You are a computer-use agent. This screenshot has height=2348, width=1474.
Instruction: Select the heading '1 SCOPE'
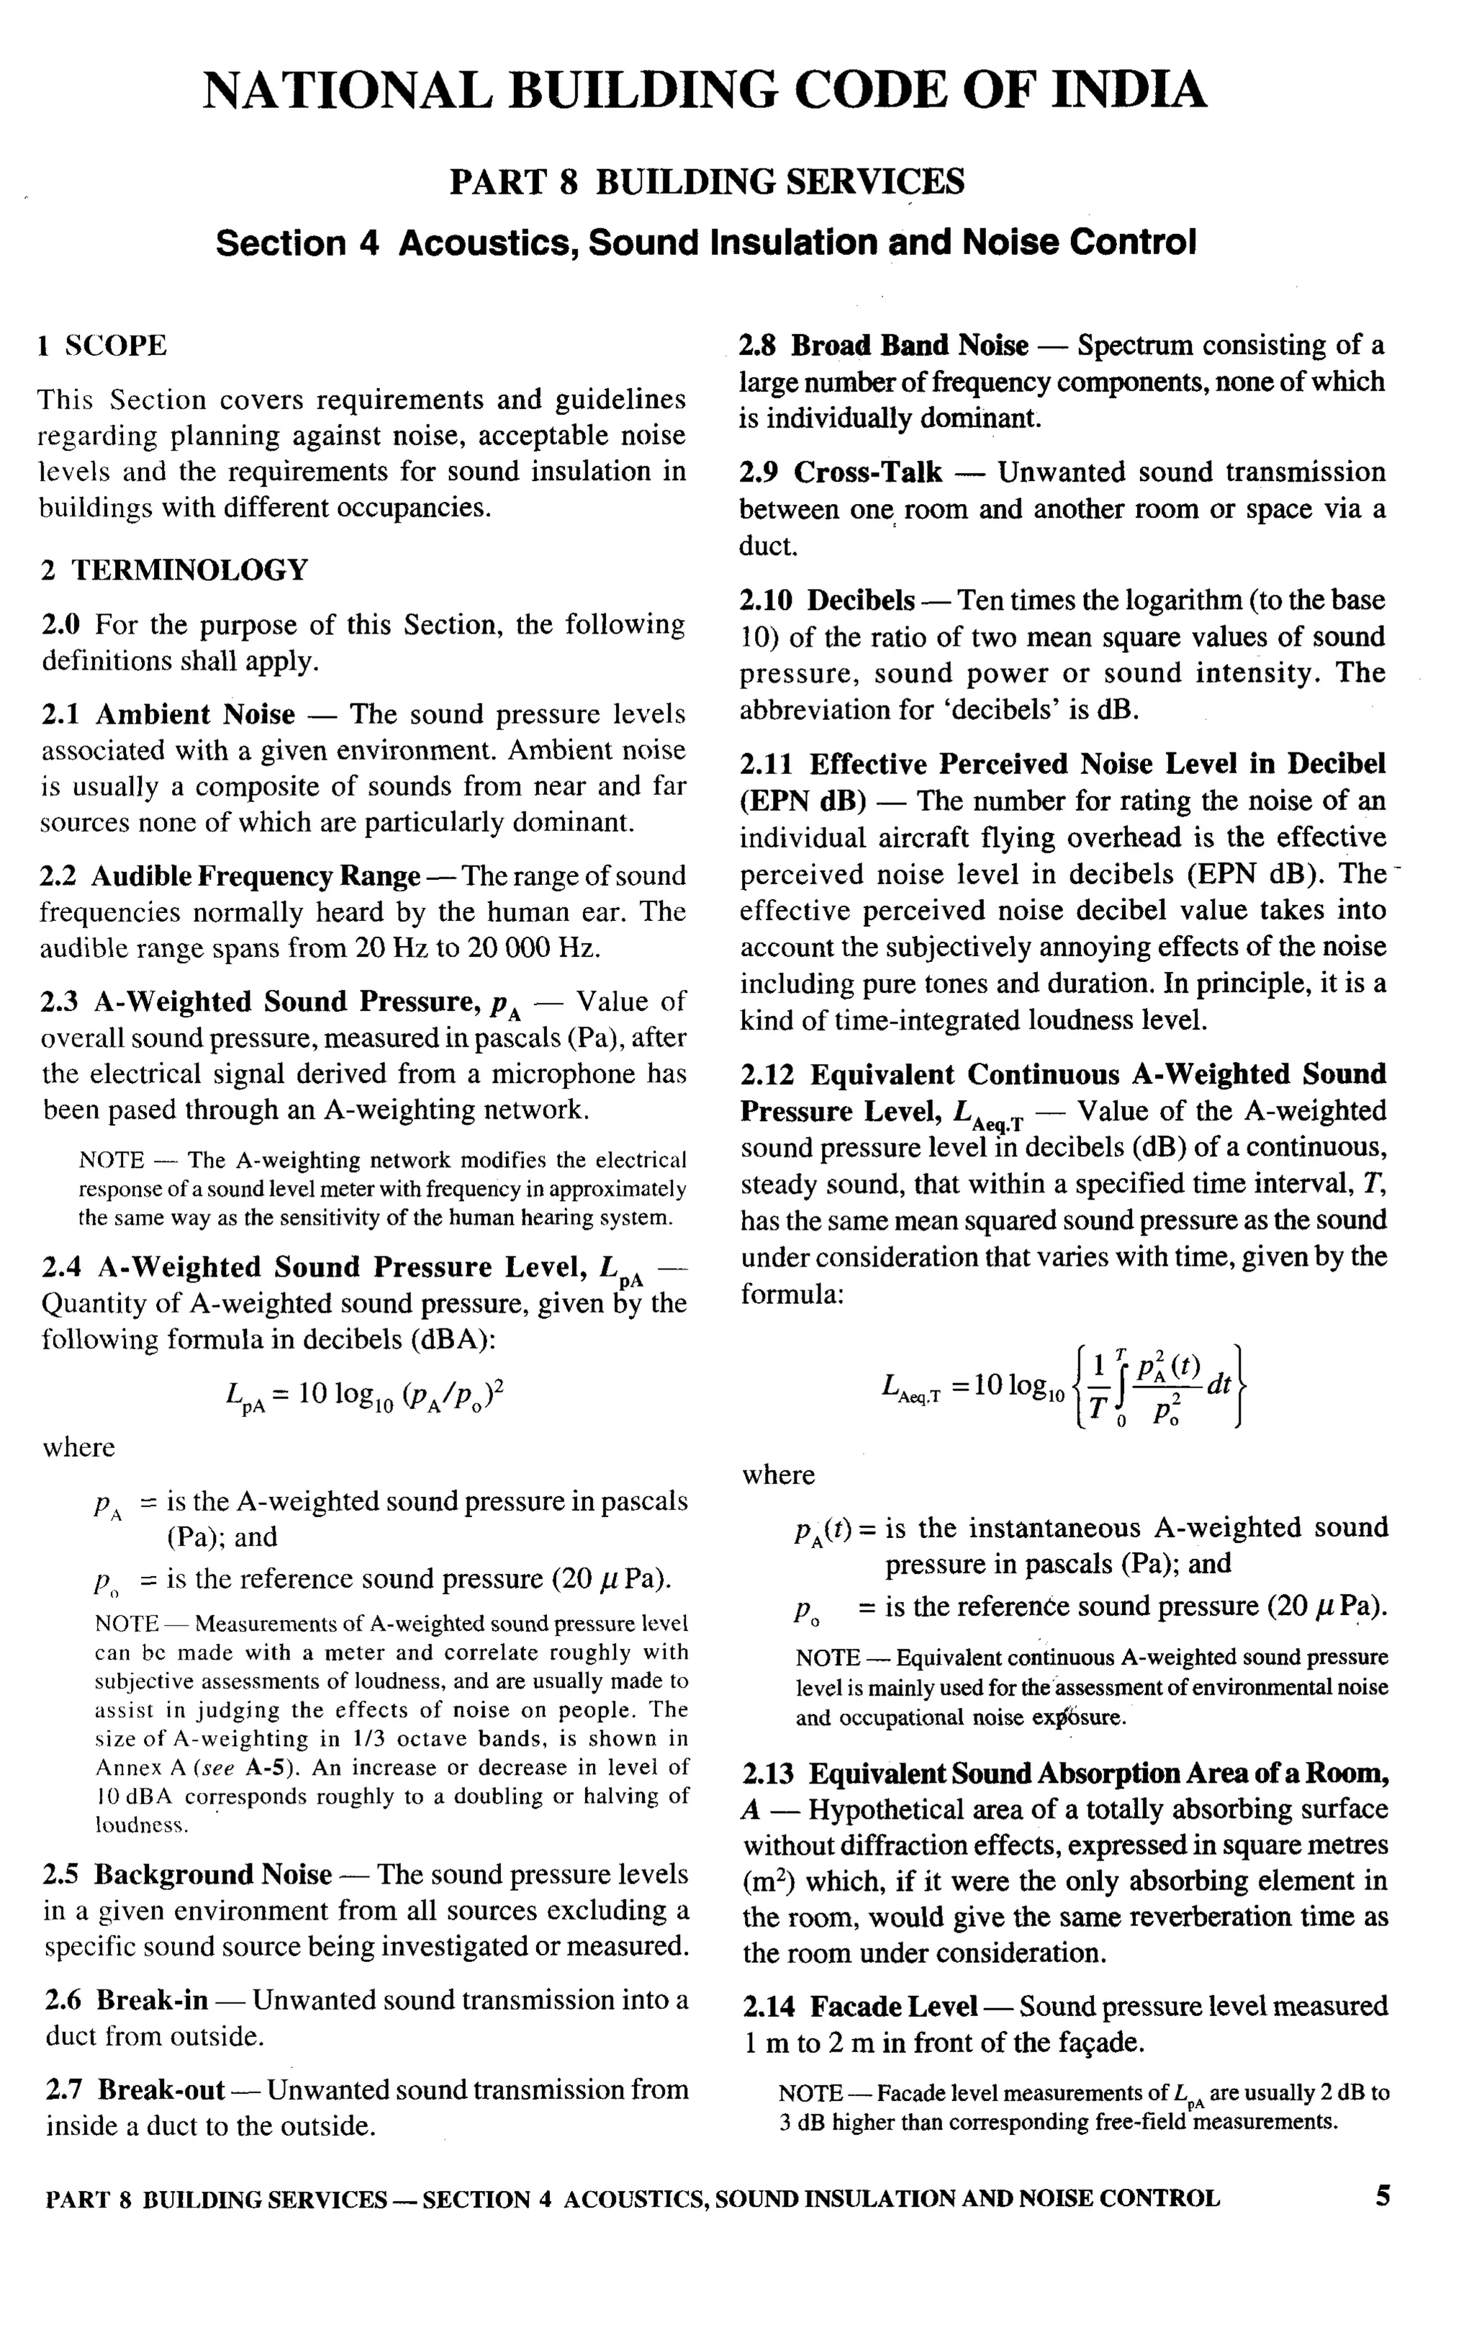point(102,345)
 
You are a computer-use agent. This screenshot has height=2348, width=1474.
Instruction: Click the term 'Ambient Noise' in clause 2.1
point(194,715)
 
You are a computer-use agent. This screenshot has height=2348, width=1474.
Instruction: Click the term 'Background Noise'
point(212,1874)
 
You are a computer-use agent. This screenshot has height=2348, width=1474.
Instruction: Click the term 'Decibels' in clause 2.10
point(861,600)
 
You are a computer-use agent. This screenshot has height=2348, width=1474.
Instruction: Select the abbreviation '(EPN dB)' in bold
point(802,801)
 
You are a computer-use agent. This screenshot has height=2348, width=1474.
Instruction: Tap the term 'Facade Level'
point(893,2006)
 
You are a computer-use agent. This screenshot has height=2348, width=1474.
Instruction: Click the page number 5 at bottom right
point(1383,2196)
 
